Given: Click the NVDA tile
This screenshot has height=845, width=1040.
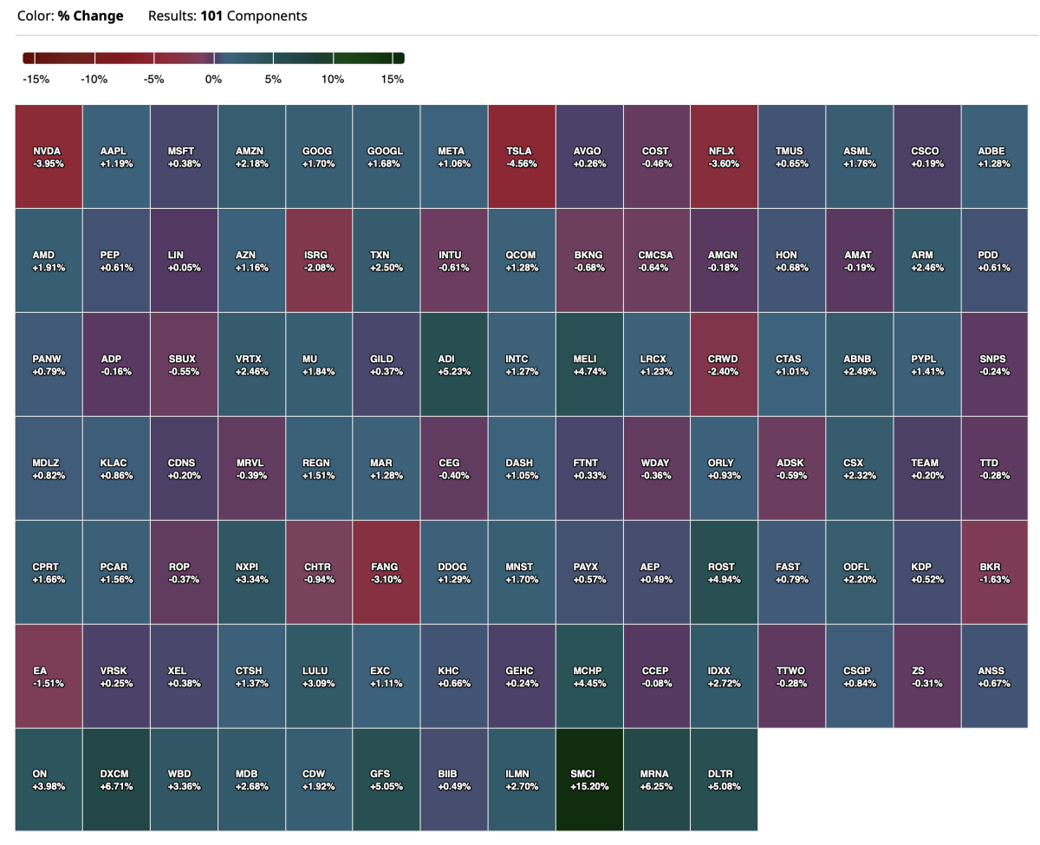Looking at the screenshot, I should (x=49, y=156).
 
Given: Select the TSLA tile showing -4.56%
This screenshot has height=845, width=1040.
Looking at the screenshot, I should (x=522, y=156).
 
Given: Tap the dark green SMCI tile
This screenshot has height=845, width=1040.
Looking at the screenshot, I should (x=589, y=780).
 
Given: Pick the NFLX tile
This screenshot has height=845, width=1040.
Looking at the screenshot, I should (x=725, y=156).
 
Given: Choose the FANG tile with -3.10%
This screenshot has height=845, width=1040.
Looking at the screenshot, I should (x=387, y=572).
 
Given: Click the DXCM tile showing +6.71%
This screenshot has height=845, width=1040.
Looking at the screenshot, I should (x=117, y=780).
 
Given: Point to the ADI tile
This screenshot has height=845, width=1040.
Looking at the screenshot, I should (x=454, y=364).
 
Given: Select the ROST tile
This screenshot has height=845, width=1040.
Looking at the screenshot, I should (x=725, y=572).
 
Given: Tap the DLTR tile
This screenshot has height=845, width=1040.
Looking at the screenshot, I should (x=725, y=780).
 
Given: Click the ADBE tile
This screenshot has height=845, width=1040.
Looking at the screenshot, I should (x=995, y=156).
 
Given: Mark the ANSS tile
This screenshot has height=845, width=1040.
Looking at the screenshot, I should (x=995, y=676).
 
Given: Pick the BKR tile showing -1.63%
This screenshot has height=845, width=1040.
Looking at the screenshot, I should (x=995, y=572).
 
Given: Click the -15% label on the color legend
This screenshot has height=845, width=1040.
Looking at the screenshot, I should (x=36, y=80).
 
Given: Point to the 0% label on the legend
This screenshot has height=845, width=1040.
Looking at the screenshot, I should (x=213, y=80).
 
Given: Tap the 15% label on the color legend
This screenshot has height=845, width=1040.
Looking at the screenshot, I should (x=392, y=80).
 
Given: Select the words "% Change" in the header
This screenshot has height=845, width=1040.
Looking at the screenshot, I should (x=91, y=16).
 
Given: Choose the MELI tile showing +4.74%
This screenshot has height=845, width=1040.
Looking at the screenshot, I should (x=589, y=364).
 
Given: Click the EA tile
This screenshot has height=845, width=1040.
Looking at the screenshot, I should (x=49, y=676).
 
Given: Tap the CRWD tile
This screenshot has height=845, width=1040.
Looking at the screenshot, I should (x=725, y=364).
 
